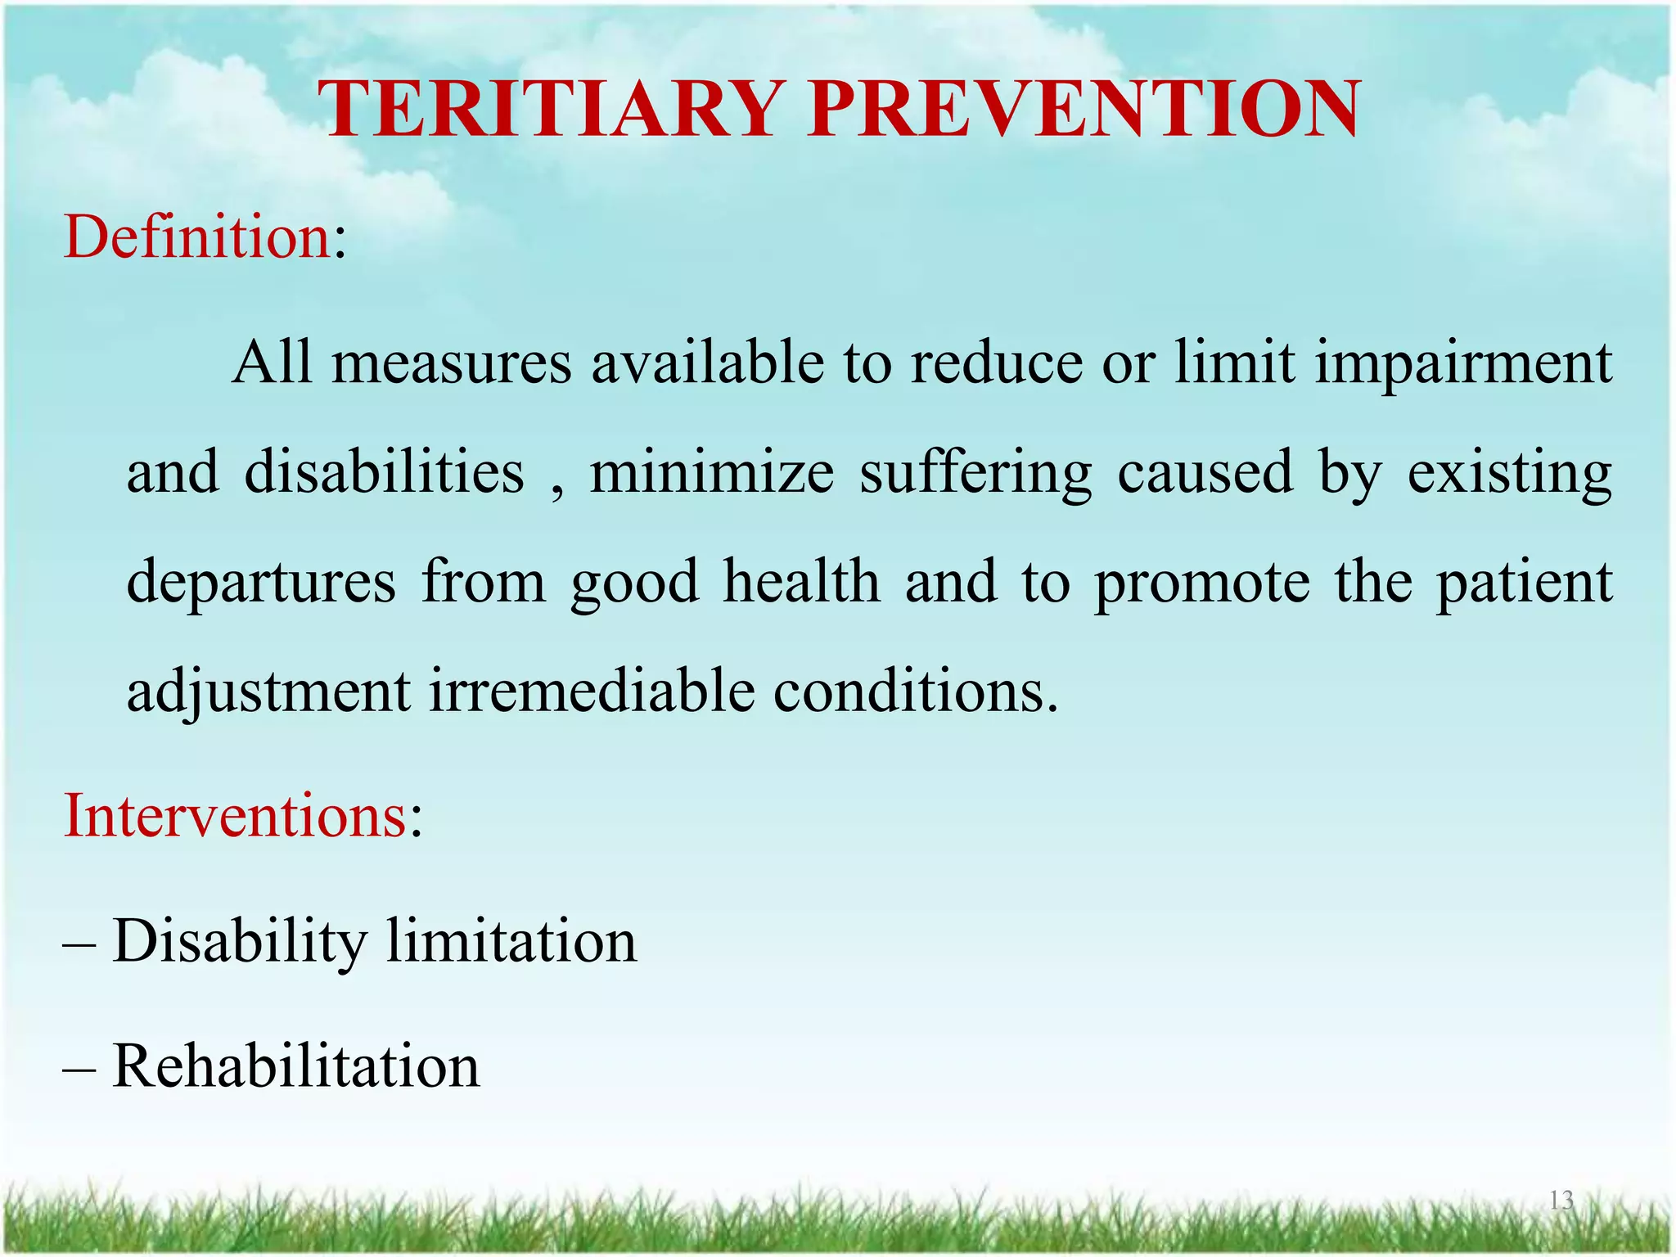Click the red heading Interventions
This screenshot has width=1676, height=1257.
[x=236, y=816]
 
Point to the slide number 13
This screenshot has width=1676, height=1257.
[x=1561, y=1201]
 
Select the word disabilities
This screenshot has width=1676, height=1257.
[x=384, y=472]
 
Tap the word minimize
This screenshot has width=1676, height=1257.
[x=711, y=472]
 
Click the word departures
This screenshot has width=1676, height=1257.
[x=261, y=583]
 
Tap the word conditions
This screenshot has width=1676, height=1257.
[x=915, y=692]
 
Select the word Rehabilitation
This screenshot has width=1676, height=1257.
[x=296, y=1066]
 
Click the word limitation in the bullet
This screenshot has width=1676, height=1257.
[x=511, y=941]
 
